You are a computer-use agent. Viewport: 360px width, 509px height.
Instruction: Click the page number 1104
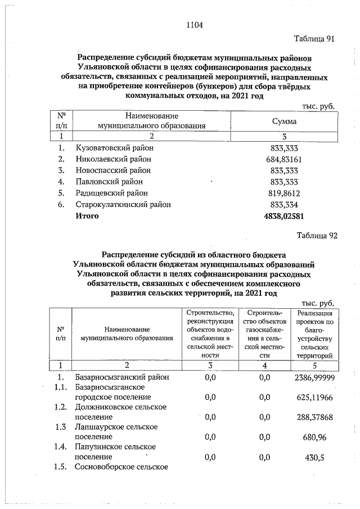tap(194, 25)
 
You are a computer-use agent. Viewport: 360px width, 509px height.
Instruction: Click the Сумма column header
tap(284, 121)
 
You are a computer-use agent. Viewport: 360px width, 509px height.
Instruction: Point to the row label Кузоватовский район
tap(114, 148)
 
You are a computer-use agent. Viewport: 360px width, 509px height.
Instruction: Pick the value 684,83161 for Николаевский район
tap(283, 159)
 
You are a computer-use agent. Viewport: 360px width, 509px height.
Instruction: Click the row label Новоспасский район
tap(113, 170)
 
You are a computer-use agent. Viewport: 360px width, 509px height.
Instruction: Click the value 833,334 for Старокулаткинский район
tap(283, 204)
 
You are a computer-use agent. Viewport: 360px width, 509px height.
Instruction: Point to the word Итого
tap(87, 215)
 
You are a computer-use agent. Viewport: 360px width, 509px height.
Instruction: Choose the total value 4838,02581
tap(283, 215)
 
